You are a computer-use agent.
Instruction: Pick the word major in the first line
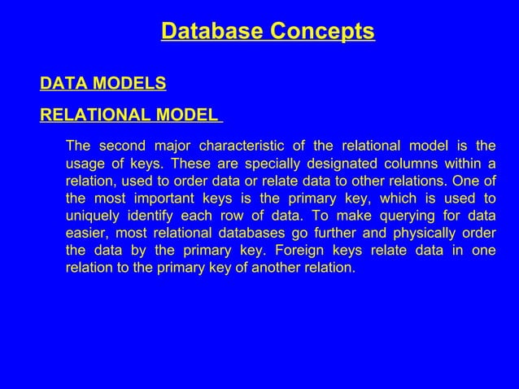(167, 146)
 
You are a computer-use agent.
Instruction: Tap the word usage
(84, 164)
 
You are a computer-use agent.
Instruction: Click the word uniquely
(91, 215)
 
